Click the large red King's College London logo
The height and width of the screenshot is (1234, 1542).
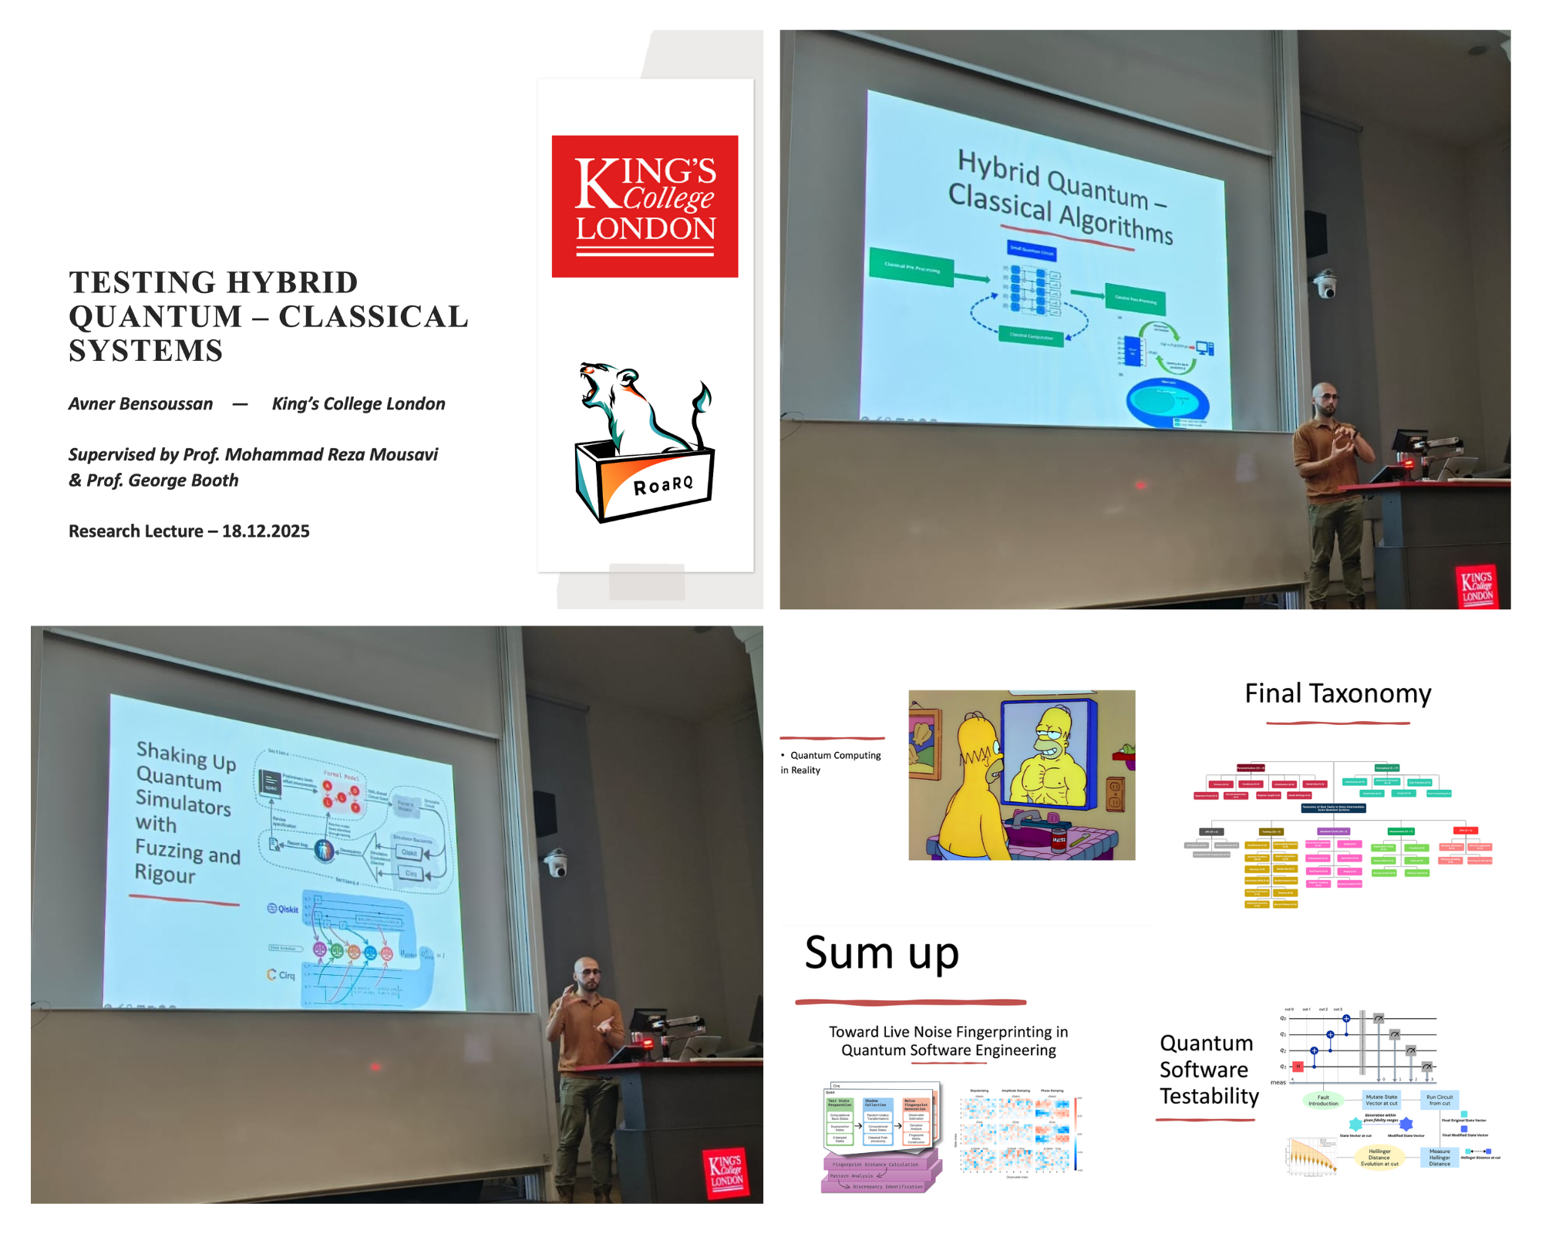[645, 206]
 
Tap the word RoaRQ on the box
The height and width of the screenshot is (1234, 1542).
[663, 484]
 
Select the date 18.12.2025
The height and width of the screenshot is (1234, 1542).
[265, 531]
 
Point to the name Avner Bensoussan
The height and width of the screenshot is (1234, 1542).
[140, 404]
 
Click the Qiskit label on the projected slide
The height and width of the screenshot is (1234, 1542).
[283, 909]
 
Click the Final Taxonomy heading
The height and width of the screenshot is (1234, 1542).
[1338, 694]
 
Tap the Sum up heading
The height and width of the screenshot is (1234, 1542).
[881, 953]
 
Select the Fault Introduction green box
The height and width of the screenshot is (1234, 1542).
[1323, 1100]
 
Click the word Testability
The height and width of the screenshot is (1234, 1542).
[1209, 1096]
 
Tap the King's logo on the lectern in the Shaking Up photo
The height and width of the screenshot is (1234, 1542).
[726, 1171]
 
